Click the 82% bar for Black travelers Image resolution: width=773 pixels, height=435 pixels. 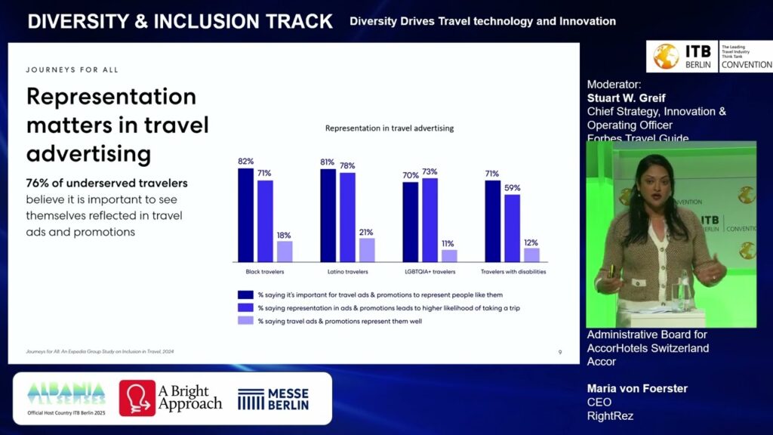245,214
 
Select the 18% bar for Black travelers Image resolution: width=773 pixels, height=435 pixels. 285,251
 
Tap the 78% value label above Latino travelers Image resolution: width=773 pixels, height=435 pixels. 347,165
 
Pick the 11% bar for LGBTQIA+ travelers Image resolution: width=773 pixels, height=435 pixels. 449,255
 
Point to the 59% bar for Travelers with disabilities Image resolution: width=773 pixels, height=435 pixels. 513,227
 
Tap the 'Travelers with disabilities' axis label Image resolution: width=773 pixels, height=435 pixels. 513,272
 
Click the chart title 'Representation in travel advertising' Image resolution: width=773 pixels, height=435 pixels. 389,128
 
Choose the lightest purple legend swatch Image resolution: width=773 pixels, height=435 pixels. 245,320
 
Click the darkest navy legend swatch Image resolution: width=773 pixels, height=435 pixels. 245,295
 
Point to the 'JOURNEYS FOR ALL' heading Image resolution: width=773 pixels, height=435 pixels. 72,70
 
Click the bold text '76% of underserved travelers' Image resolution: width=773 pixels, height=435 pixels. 106,183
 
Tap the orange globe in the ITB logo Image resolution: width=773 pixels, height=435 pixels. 666,57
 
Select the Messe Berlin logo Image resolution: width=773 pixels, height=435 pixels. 273,399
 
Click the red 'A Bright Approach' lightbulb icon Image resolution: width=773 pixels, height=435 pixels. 137,398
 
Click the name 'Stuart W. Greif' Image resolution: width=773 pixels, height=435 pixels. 627,98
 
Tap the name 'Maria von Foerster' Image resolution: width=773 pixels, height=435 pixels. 637,389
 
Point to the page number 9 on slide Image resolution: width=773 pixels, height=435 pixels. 559,352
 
